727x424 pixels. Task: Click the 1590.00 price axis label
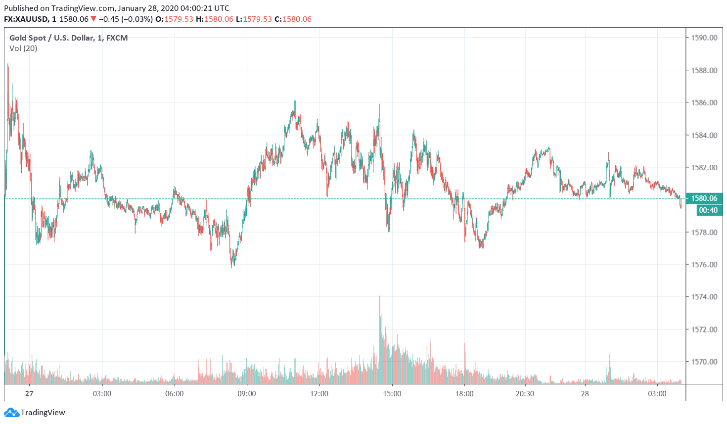tap(704, 38)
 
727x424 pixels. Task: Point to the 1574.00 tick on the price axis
tap(704, 297)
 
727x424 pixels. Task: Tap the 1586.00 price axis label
tap(704, 102)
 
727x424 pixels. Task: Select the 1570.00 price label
tap(704, 362)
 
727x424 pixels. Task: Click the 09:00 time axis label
tap(247, 394)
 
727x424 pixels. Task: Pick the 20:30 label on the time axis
tap(525, 394)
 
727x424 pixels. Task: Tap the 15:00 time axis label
tap(392, 394)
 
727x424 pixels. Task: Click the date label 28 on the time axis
tap(585, 394)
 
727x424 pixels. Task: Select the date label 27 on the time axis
tap(30, 394)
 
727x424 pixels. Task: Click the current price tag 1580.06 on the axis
tap(704, 198)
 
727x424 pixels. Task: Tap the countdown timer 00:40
tap(708, 210)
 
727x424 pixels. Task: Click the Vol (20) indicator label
tap(23, 48)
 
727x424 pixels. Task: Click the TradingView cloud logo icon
tap(11, 412)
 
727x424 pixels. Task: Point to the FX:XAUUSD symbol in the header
tap(26, 19)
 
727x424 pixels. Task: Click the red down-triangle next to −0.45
tap(93, 19)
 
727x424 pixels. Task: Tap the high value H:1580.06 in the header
tap(215, 19)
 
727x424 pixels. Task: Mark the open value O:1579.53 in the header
tap(174, 19)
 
